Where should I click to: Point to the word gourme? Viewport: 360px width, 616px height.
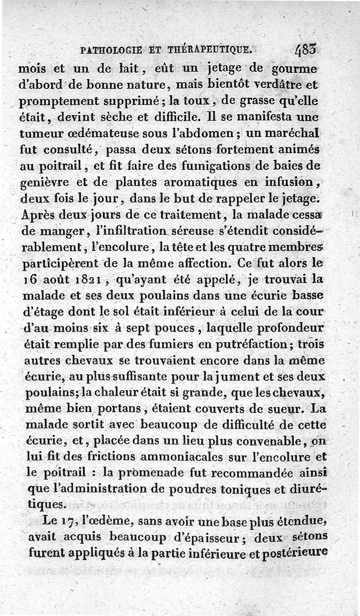click(295, 70)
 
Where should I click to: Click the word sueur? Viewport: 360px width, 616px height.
click(285, 409)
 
